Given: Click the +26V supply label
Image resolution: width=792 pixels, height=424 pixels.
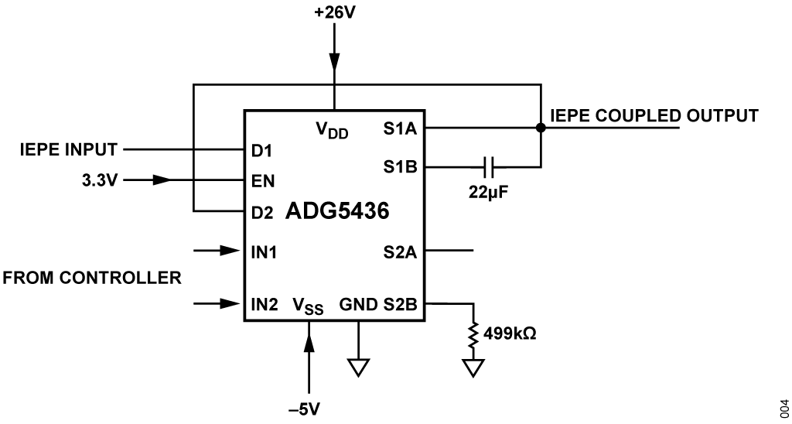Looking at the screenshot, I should (333, 12).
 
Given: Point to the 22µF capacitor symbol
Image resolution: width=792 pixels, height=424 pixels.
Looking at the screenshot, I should (487, 166).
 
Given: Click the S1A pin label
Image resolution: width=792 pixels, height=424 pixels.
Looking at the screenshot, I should (399, 128).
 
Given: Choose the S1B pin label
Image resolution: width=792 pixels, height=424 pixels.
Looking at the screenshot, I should (399, 166).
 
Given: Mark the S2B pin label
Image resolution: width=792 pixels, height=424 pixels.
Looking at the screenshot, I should (399, 303).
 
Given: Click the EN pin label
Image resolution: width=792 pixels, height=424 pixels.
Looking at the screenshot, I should (262, 180).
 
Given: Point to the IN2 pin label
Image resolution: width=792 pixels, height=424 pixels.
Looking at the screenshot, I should (265, 303).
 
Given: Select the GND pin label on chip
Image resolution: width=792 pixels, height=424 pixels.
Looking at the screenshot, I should (358, 303).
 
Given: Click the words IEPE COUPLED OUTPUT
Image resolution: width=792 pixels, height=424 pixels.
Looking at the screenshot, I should (654, 116).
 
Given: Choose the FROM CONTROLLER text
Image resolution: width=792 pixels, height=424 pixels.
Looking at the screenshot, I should (92, 277).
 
